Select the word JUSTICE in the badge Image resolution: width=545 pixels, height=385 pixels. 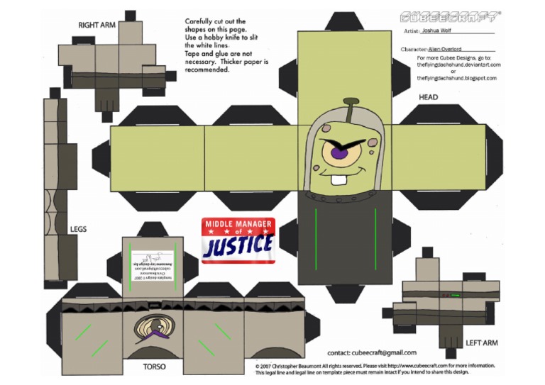coord(238,245)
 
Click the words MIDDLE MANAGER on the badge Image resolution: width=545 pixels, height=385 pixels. coord(238,224)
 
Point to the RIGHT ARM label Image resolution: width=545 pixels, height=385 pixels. coord(97,26)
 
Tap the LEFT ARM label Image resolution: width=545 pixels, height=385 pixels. coord(481,343)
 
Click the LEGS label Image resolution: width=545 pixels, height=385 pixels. coord(78,229)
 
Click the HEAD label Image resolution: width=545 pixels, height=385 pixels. coord(428,97)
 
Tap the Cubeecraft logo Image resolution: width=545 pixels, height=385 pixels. coord(448,16)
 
